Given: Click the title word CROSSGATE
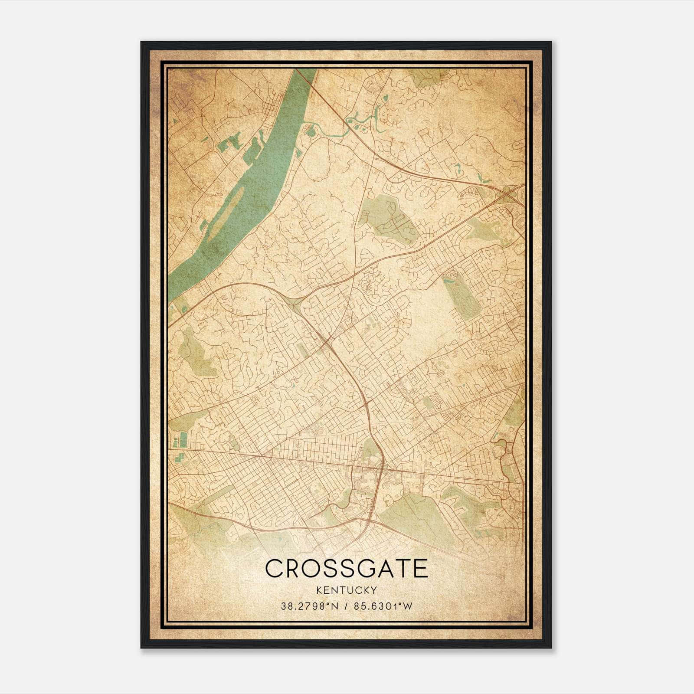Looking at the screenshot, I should tap(346, 568).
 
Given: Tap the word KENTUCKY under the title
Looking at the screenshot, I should tap(346, 590).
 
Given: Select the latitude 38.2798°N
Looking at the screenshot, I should tap(308, 606).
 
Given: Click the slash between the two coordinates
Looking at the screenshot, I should tap(346, 606).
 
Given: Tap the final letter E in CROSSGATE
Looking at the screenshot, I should tap(420, 568).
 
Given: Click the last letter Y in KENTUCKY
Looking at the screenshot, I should tap(373, 590).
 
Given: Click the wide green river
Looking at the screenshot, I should tap(256, 169).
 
